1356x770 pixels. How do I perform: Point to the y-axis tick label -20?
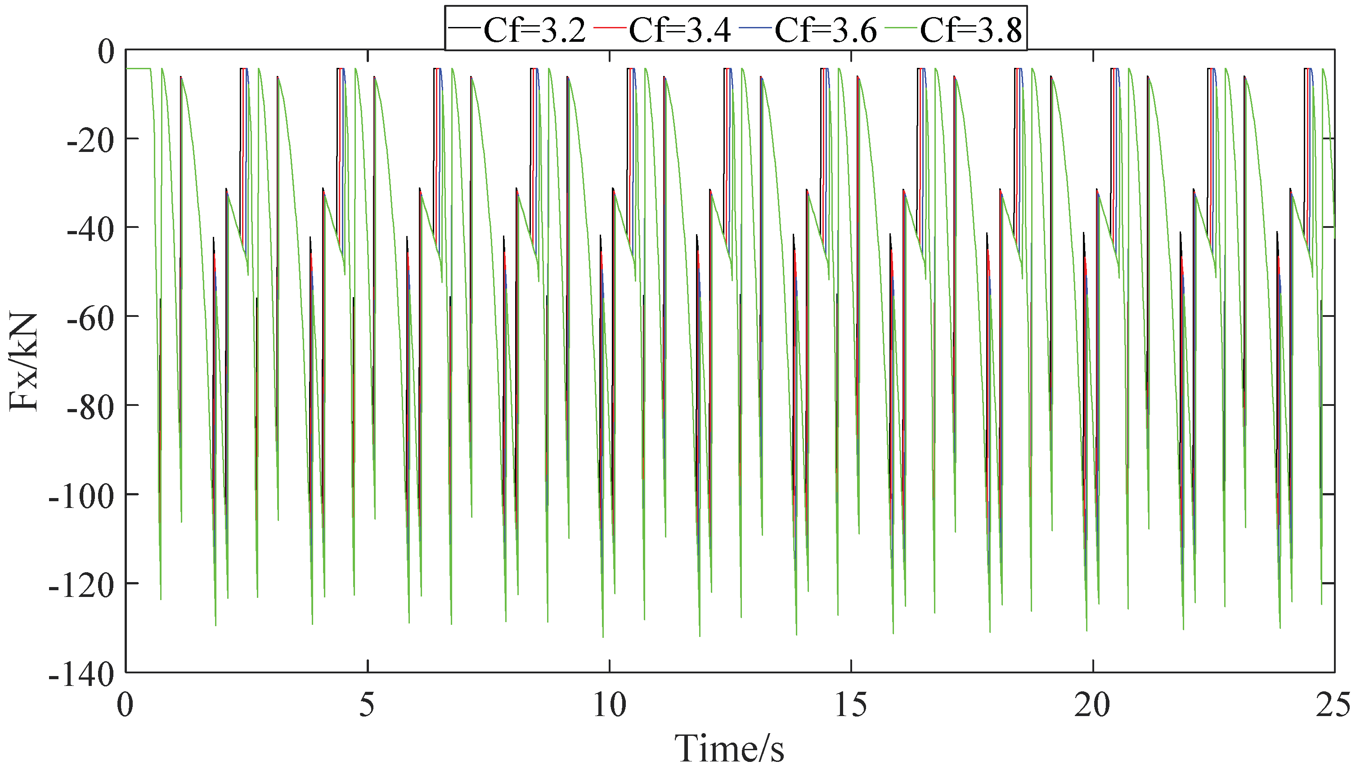click(x=90, y=140)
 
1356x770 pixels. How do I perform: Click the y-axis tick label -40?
click(x=90, y=229)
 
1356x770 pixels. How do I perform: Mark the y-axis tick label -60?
click(x=90, y=318)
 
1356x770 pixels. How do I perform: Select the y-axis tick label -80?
click(x=90, y=407)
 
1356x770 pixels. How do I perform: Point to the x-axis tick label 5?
click(x=367, y=704)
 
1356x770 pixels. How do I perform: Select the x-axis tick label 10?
click(x=609, y=704)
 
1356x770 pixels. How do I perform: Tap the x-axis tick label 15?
click(x=851, y=704)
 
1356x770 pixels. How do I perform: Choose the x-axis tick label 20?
click(x=1093, y=704)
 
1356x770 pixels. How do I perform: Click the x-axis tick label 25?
click(x=1333, y=704)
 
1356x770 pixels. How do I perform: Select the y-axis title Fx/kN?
click(x=24, y=362)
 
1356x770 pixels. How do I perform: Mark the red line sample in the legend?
click(x=610, y=26)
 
